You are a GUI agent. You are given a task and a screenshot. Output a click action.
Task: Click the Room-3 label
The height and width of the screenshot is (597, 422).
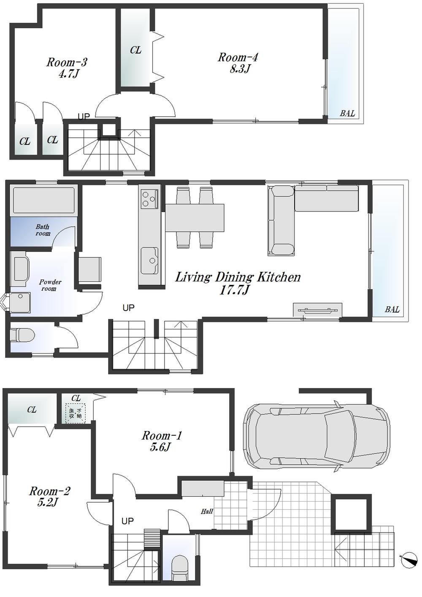pos(67,63)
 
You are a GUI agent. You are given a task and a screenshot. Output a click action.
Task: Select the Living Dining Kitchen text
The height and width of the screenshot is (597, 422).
pos(238,277)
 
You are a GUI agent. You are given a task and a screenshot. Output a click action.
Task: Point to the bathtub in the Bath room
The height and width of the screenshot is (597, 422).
pos(43,200)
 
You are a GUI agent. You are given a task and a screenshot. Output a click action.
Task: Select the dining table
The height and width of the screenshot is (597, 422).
pos(194,217)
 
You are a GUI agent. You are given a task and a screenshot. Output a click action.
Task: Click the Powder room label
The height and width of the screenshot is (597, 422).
pos(50,285)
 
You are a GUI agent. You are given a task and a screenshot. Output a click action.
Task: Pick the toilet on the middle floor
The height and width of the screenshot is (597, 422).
pos(21,335)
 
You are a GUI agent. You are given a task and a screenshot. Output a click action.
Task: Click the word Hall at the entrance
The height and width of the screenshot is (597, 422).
pos(207,511)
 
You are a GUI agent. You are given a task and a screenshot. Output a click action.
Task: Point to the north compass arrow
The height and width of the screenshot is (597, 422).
pos(408,560)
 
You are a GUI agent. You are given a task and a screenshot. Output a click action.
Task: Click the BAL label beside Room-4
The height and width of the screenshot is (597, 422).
pos(347,113)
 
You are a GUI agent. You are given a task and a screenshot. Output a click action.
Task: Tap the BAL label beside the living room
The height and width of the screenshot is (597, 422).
pos(392,310)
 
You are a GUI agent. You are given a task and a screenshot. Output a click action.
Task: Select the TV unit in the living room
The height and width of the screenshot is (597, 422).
pos(317,310)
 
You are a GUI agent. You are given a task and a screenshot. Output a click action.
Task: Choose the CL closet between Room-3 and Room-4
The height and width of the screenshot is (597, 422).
pos(135,50)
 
